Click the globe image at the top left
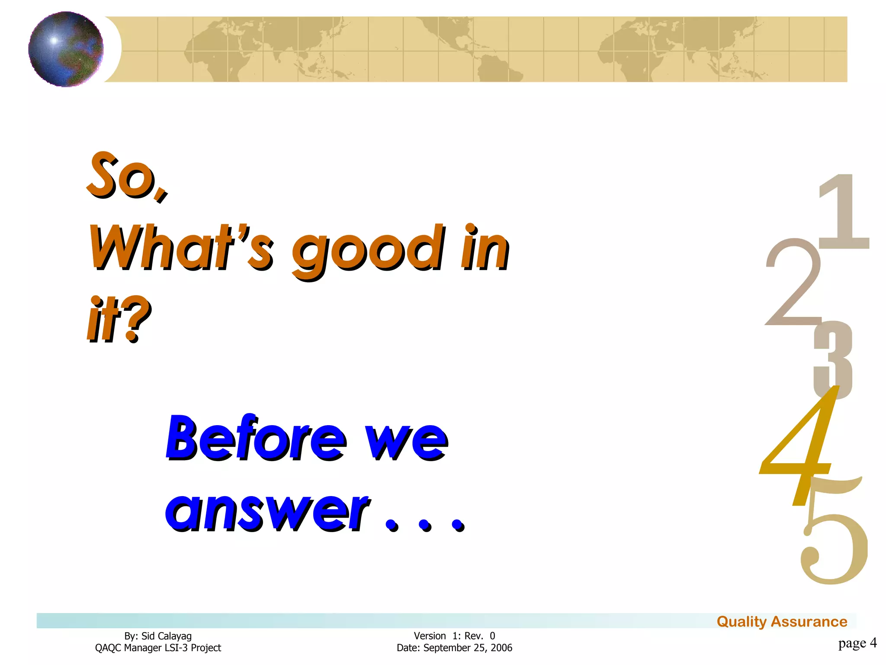click(66, 49)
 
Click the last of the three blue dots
click(457, 525)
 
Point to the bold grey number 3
click(833, 359)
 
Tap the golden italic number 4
click(800, 450)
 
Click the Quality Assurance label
click(782, 622)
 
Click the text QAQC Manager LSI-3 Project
click(158, 648)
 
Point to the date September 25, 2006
click(467, 648)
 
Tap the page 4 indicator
click(857, 643)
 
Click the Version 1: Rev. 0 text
click(454, 636)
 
